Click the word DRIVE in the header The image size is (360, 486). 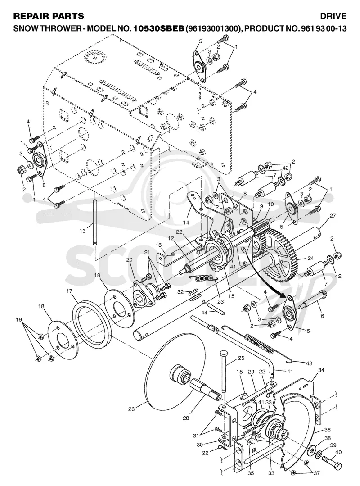(x=333, y=16)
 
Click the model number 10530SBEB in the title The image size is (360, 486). (x=158, y=28)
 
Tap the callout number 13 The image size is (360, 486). (x=83, y=231)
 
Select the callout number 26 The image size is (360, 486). (x=131, y=409)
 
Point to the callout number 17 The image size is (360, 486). (x=69, y=291)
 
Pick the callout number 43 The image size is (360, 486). (x=309, y=363)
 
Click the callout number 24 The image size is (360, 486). (x=310, y=258)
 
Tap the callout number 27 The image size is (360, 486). (x=333, y=216)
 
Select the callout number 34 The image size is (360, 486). (x=321, y=370)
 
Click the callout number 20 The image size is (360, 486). (x=129, y=259)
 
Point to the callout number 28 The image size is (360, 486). (x=186, y=418)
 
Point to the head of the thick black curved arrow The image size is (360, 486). (x=287, y=295)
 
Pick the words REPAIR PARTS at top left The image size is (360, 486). (x=49, y=16)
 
